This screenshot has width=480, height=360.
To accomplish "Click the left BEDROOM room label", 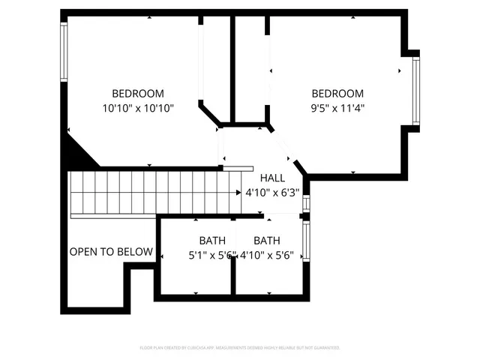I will coord(138,94).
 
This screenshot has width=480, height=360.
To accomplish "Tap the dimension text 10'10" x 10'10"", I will coord(138,108).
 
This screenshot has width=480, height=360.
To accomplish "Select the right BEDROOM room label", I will coord(337,94).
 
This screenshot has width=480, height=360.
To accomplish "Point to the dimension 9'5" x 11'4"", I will coord(337,108).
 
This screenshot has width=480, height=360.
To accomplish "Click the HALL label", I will coord(272,178).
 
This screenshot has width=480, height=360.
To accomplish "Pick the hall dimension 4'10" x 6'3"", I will coord(272,192).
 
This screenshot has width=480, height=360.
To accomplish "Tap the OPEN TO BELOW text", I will coord(111,252).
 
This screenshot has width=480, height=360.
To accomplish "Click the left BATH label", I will coord(212,241).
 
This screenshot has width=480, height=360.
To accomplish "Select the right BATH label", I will coord(267,241).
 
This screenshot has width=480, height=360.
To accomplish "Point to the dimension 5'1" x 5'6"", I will coord(211,255).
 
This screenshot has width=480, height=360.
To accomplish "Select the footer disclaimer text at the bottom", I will coord(240,348).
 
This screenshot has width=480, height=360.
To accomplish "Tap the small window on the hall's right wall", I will coord(306,205).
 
